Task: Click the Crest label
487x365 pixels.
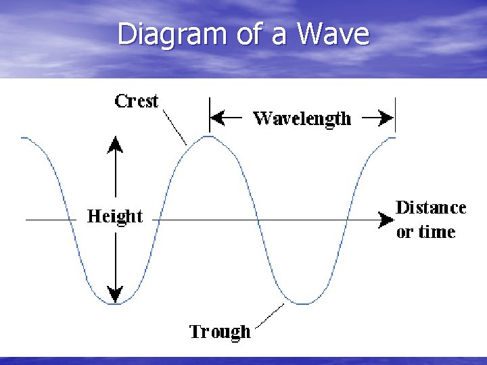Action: pyautogui.click(x=137, y=101)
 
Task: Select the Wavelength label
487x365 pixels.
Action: pyautogui.click(x=302, y=119)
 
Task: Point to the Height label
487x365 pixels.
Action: pyautogui.click(x=115, y=217)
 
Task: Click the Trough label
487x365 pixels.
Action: pyautogui.click(x=220, y=332)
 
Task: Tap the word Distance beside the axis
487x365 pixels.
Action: pyautogui.click(x=431, y=208)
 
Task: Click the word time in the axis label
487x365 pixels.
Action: pyautogui.click(x=437, y=232)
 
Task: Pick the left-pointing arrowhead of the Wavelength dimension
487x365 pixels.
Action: pyautogui.click(x=216, y=118)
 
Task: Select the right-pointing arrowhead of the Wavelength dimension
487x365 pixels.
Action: pyautogui.click(x=387, y=118)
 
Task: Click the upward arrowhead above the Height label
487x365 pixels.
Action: pyautogui.click(x=116, y=143)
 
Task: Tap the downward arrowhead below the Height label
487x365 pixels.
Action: pyautogui.click(x=116, y=295)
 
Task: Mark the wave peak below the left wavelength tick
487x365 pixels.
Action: pyautogui.click(x=210, y=137)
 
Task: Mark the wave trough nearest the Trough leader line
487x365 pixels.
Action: pyautogui.click(x=302, y=303)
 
